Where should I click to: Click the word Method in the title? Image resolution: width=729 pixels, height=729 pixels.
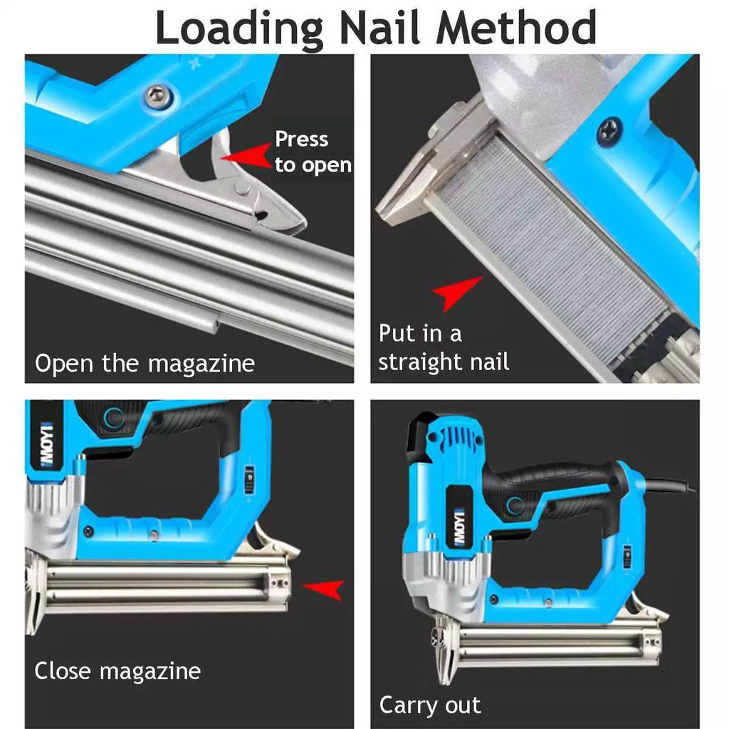pos(515,27)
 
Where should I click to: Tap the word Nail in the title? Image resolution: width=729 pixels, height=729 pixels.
pos(379,27)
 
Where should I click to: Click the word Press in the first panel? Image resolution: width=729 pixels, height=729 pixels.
pos(301,139)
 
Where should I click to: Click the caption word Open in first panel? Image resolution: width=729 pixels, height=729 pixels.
pos(63,364)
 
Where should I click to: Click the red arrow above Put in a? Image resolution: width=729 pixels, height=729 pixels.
pos(456,293)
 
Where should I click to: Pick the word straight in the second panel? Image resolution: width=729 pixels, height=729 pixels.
pos(419,362)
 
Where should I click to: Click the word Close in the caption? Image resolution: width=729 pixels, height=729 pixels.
pos(63,671)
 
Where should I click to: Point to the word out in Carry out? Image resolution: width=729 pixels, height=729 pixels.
pos(463,706)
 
